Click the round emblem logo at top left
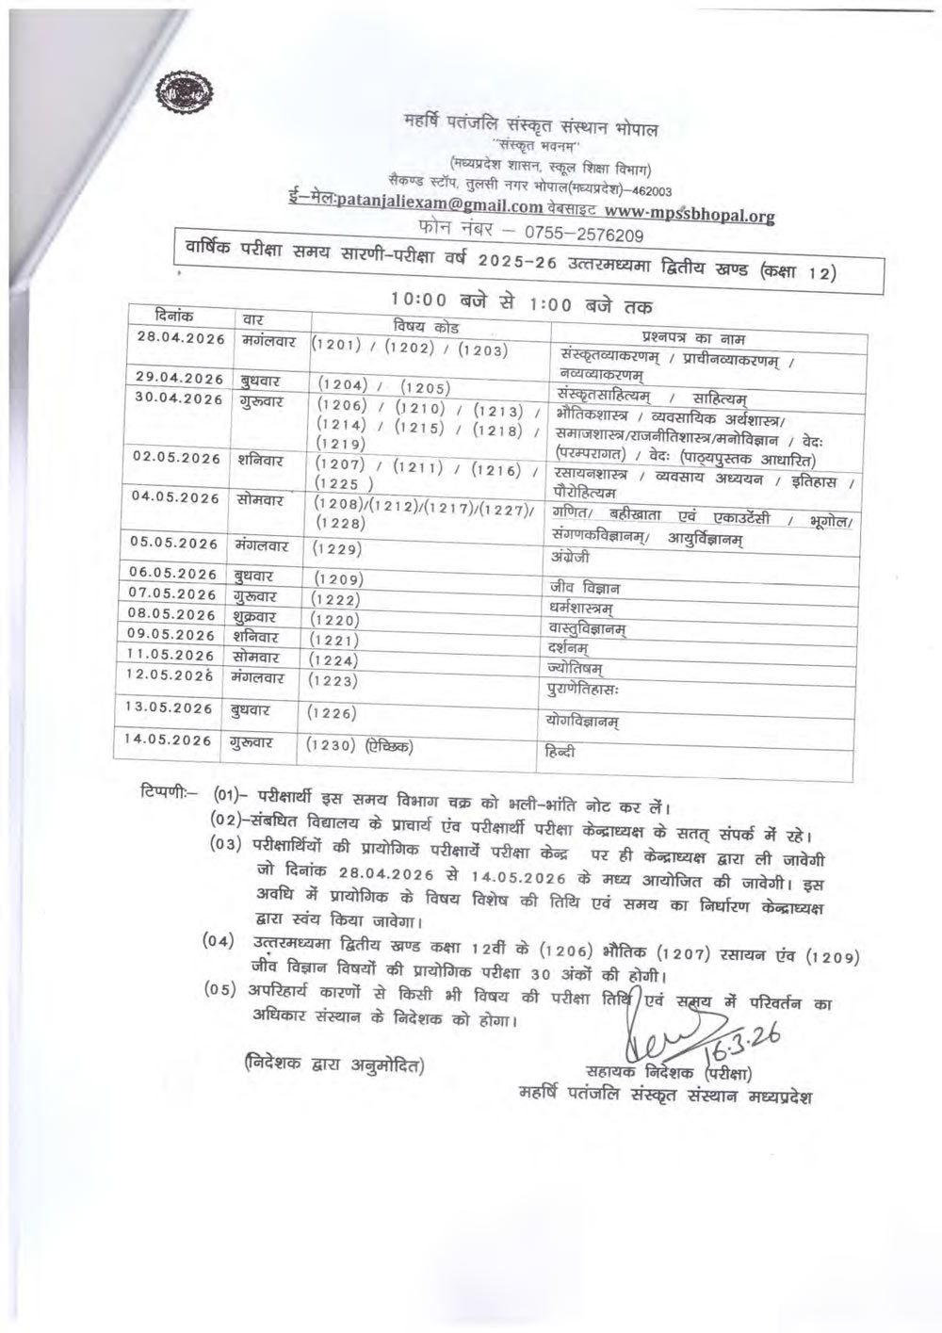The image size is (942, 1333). (187, 96)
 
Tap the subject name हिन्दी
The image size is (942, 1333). (560, 753)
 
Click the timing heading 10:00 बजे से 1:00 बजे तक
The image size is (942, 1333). (522, 302)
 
